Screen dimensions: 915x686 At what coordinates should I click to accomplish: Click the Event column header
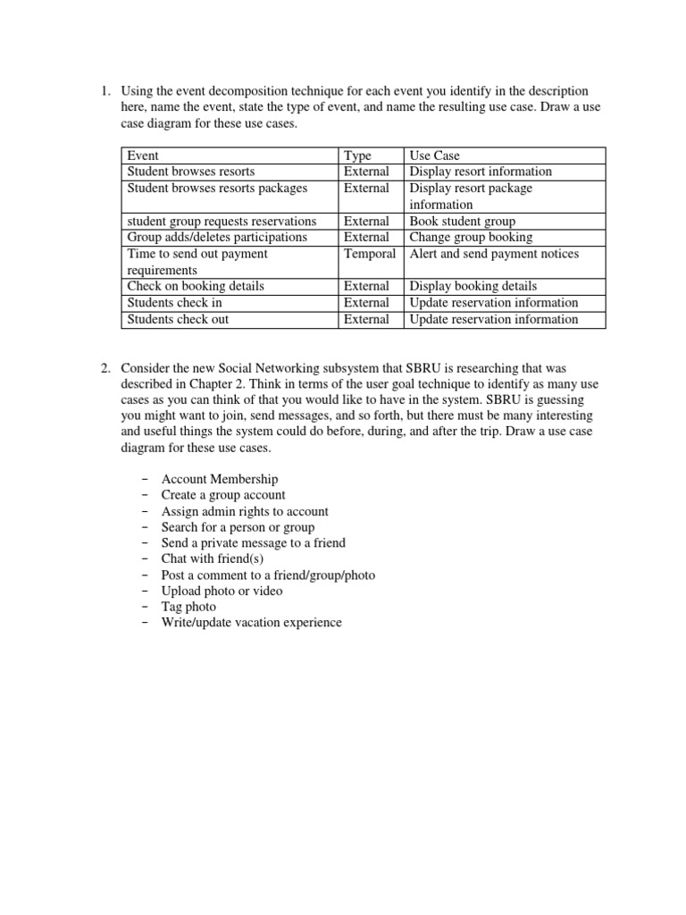143,155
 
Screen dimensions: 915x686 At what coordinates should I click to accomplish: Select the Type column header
357,155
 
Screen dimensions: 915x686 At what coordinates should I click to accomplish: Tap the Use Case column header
435,155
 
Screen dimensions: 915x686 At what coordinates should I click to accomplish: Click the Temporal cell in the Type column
370,254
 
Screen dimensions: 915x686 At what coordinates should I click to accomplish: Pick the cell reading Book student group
462,221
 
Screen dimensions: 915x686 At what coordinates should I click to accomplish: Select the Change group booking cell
471,237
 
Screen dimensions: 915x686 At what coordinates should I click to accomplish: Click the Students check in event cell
175,303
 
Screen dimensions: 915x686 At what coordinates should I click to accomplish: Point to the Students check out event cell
178,319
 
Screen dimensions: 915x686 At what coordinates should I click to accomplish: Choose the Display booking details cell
473,286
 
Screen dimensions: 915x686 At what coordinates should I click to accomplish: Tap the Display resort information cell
481,172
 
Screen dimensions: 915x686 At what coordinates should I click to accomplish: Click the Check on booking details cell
196,286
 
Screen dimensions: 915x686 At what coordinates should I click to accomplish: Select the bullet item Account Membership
220,479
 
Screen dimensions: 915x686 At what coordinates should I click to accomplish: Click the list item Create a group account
223,495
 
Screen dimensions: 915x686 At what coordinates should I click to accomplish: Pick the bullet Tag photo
188,606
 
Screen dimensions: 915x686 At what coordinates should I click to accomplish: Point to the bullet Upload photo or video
222,591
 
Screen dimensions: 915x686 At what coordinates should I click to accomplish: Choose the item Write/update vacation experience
251,622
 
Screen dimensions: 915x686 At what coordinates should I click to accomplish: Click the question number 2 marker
104,368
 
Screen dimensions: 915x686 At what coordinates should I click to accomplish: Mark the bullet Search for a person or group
238,527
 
